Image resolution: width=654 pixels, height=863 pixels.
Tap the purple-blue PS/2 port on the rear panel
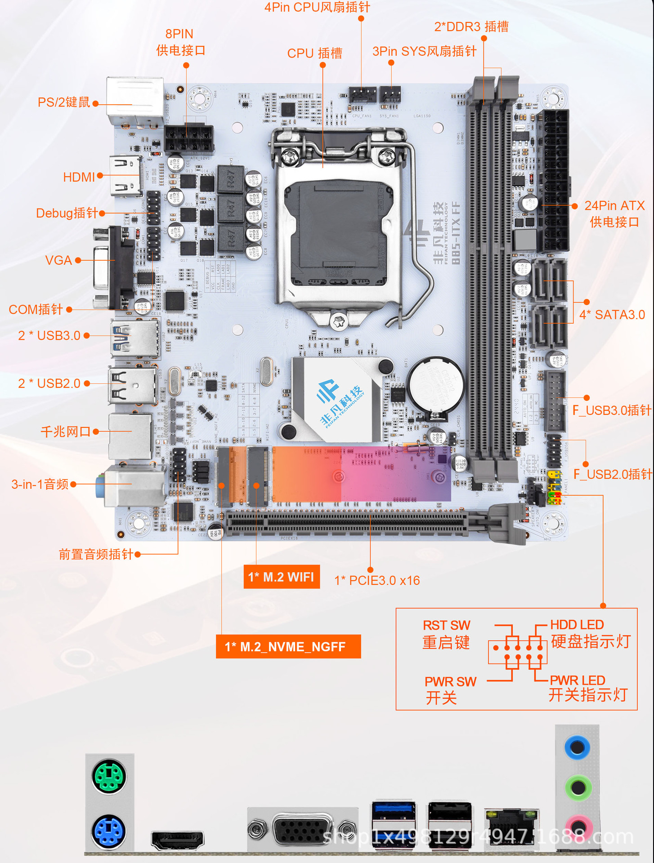pos(109,832)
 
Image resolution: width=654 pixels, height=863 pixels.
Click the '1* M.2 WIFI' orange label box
pos(282,577)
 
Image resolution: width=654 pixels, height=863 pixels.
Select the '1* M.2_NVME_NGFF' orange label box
pos(288,646)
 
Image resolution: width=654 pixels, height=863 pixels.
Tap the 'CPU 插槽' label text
pos(315,53)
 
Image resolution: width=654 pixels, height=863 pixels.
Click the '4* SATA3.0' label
pos(612,315)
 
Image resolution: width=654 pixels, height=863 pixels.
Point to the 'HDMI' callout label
pos(79,177)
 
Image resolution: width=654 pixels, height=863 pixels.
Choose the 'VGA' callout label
pos(58,260)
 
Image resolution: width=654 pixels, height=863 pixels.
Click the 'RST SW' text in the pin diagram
pos(446,625)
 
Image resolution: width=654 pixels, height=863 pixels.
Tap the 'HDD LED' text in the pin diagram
pos(577,625)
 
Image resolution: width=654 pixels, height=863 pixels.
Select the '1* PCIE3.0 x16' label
pos(377,580)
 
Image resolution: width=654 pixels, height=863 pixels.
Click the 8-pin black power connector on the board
pos(188,138)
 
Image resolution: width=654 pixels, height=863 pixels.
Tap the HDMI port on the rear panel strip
pos(178,840)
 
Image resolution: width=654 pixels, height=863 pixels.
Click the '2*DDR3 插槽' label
pos(471,27)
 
